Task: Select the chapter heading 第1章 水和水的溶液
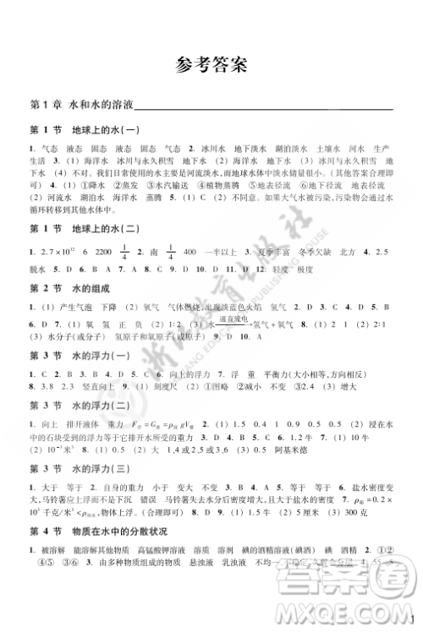coord(68,104)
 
